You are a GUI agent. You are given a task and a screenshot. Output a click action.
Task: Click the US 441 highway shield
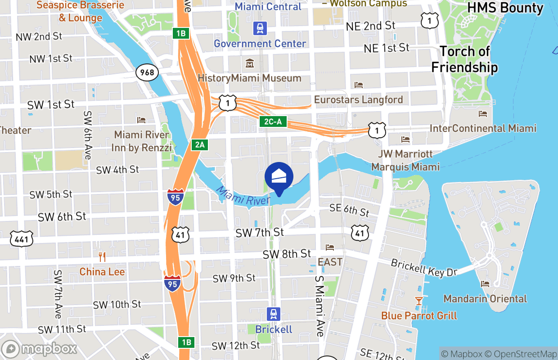[x=22, y=239]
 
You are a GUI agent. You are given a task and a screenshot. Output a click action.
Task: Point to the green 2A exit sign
[x=200, y=144]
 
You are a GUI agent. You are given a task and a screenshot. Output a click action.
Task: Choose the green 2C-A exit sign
[x=273, y=121]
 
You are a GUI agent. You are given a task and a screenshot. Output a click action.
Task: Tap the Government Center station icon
[x=260, y=29]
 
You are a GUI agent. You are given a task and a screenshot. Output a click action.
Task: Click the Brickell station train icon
[x=273, y=314]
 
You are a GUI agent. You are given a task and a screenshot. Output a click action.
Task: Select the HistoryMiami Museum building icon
[x=249, y=63]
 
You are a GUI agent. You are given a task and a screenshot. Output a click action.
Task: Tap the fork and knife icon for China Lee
[x=102, y=257]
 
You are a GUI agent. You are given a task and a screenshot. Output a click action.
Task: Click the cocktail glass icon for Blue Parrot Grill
[x=419, y=301]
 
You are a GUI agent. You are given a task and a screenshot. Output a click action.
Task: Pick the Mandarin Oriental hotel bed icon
[x=485, y=284]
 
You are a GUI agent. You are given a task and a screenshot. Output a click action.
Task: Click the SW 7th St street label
[x=260, y=232]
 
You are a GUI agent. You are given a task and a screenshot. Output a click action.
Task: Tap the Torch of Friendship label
[x=464, y=59]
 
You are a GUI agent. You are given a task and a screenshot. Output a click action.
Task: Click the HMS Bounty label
[x=505, y=8]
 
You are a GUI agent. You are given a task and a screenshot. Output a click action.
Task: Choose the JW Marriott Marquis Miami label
[x=405, y=160]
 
